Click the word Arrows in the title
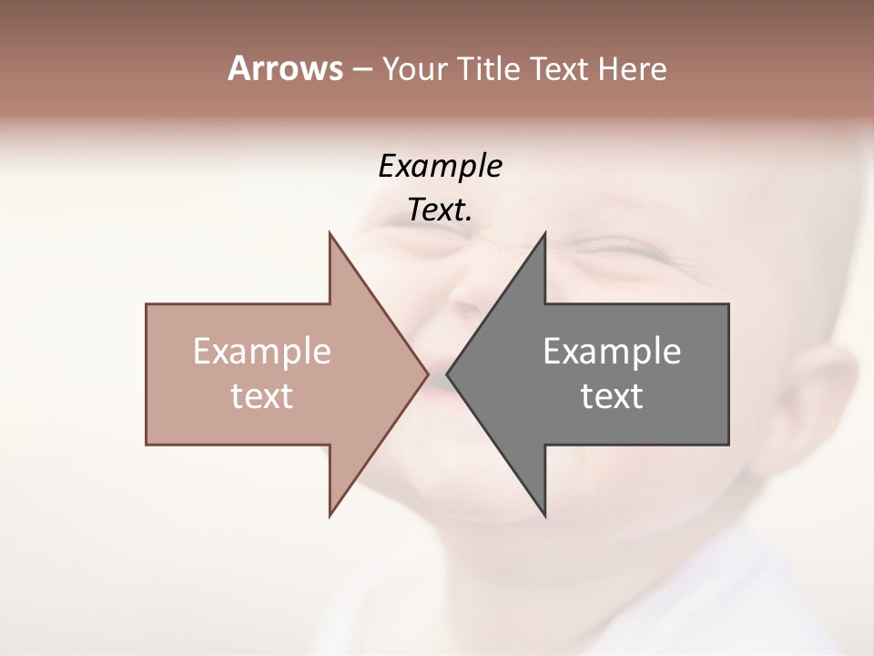[285, 68]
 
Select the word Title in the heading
[487, 68]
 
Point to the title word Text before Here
[560, 68]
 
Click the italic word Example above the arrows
[440, 167]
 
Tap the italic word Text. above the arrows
[440, 210]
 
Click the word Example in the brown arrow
[262, 352]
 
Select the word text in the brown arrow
[262, 396]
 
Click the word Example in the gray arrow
[612, 352]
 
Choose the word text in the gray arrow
[612, 396]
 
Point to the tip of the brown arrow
[428, 374]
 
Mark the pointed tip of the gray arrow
[447, 374]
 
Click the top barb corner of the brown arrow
[330, 232]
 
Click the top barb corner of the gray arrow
[545, 232]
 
